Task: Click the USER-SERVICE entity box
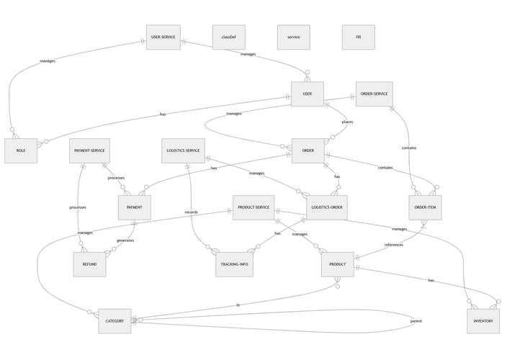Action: (162, 37)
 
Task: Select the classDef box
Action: (228, 37)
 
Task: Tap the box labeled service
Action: (293, 37)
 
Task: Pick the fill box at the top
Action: (358, 37)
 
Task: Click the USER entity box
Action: (307, 94)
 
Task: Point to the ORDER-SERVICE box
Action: (374, 94)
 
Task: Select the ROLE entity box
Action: (20, 150)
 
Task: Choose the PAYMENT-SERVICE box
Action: (89, 150)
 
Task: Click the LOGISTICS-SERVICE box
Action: (183, 150)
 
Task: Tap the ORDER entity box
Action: (308, 150)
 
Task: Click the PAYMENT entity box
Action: (134, 207)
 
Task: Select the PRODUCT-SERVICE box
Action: (253, 207)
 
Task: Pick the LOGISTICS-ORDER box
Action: (326, 207)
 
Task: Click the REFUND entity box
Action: (89, 264)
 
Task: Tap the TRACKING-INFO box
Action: (234, 264)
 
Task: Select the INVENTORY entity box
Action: (483, 320)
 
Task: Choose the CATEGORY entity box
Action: (115, 320)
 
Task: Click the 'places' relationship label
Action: (347, 122)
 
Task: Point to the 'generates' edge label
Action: (125, 240)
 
